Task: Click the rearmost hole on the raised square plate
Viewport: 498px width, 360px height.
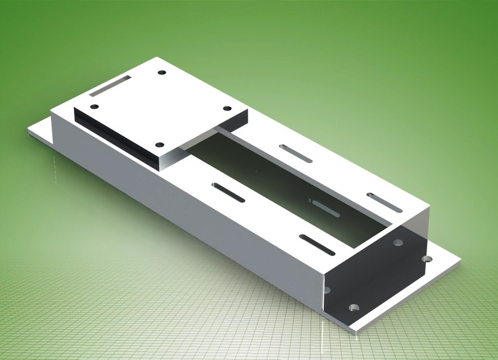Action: point(162,73)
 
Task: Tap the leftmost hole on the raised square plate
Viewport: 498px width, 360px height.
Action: point(94,106)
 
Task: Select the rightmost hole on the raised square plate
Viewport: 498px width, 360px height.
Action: point(227,109)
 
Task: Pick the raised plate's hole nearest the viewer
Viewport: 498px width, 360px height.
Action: point(160,145)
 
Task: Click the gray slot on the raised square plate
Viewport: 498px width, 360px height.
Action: point(110,85)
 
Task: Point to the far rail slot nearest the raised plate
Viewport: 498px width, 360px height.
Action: point(296,154)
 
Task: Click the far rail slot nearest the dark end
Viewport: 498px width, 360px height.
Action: point(384,202)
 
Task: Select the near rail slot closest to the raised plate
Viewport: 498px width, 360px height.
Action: point(228,192)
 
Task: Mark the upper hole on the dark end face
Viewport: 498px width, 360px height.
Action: point(398,242)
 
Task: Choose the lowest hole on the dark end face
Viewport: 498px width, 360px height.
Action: point(354,308)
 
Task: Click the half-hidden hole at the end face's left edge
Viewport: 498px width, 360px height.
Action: point(327,290)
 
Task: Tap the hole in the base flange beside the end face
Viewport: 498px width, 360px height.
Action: point(427,259)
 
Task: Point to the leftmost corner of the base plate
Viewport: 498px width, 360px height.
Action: point(28,130)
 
